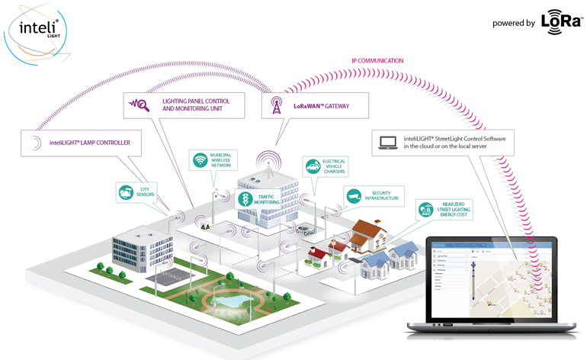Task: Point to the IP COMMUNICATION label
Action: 377,61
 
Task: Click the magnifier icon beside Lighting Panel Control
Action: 140,104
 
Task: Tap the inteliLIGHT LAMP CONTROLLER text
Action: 94,143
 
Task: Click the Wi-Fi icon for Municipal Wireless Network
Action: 200,160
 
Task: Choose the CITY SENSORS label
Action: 146,191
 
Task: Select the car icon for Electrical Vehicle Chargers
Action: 312,166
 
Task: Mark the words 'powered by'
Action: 513,23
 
